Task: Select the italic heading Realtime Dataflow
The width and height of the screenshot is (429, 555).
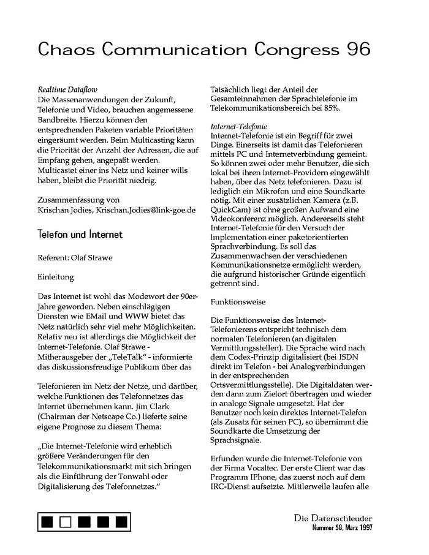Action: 64,89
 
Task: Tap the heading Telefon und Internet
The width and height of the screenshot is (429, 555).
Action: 80,235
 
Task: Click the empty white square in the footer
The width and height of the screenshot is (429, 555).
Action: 67,522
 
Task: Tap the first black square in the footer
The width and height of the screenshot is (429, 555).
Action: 48,522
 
